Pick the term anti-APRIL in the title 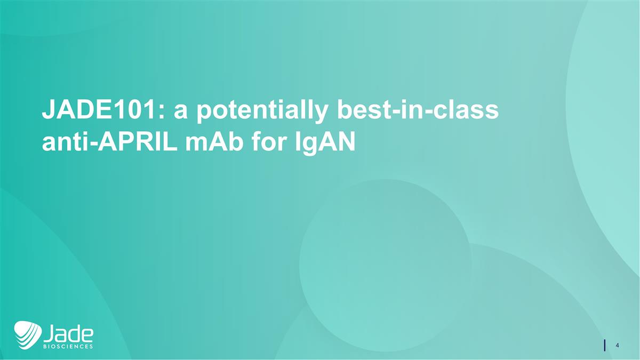coord(107,143)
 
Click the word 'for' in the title coord(267,143)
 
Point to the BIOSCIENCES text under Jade coord(68,346)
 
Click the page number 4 coord(617,345)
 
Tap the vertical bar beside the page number coord(605,345)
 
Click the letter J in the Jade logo coord(49,333)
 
